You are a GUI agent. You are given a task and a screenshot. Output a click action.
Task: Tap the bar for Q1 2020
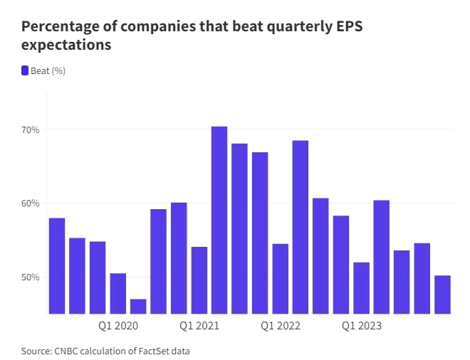coord(117,292)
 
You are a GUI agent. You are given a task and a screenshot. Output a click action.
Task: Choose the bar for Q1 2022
coord(281,278)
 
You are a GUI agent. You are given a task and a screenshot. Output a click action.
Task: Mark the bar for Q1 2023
coord(362,287)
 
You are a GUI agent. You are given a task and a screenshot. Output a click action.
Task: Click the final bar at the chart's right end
coord(443,294)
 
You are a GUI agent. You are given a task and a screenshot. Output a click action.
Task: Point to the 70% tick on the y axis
coord(31,130)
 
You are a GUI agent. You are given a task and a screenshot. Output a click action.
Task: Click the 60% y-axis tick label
coord(31,203)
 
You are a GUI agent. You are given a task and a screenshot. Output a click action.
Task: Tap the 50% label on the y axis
coord(31,277)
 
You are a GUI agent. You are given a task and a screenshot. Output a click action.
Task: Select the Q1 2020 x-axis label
coord(118,327)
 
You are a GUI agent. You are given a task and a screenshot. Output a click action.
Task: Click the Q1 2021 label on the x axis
coord(199,327)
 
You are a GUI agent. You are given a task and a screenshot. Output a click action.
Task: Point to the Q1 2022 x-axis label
coord(281,327)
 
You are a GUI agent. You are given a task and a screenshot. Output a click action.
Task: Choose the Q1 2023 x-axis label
coord(362,327)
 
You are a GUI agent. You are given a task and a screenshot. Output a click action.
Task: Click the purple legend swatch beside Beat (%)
coord(25,70)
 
